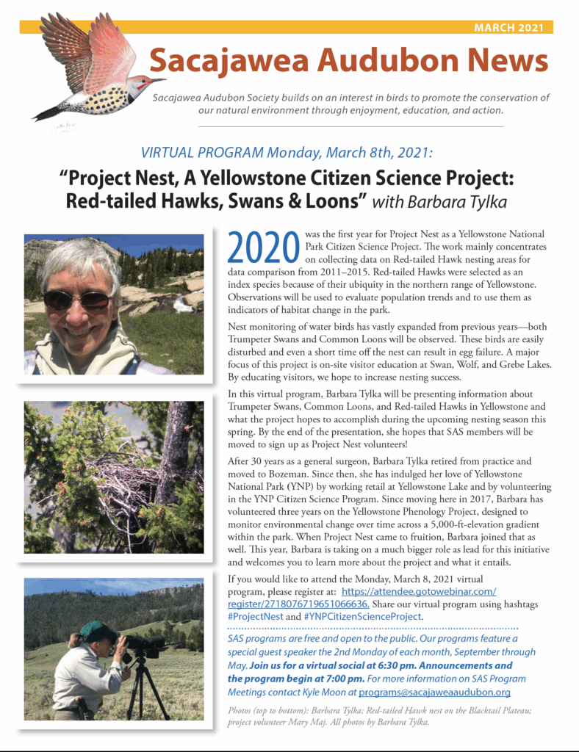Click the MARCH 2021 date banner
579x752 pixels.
pyautogui.click(x=508, y=28)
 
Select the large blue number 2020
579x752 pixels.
pyautogui.click(x=264, y=248)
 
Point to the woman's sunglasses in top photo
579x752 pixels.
pyautogui.click(x=79, y=300)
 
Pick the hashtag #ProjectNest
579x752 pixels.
pyautogui.click(x=255, y=617)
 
